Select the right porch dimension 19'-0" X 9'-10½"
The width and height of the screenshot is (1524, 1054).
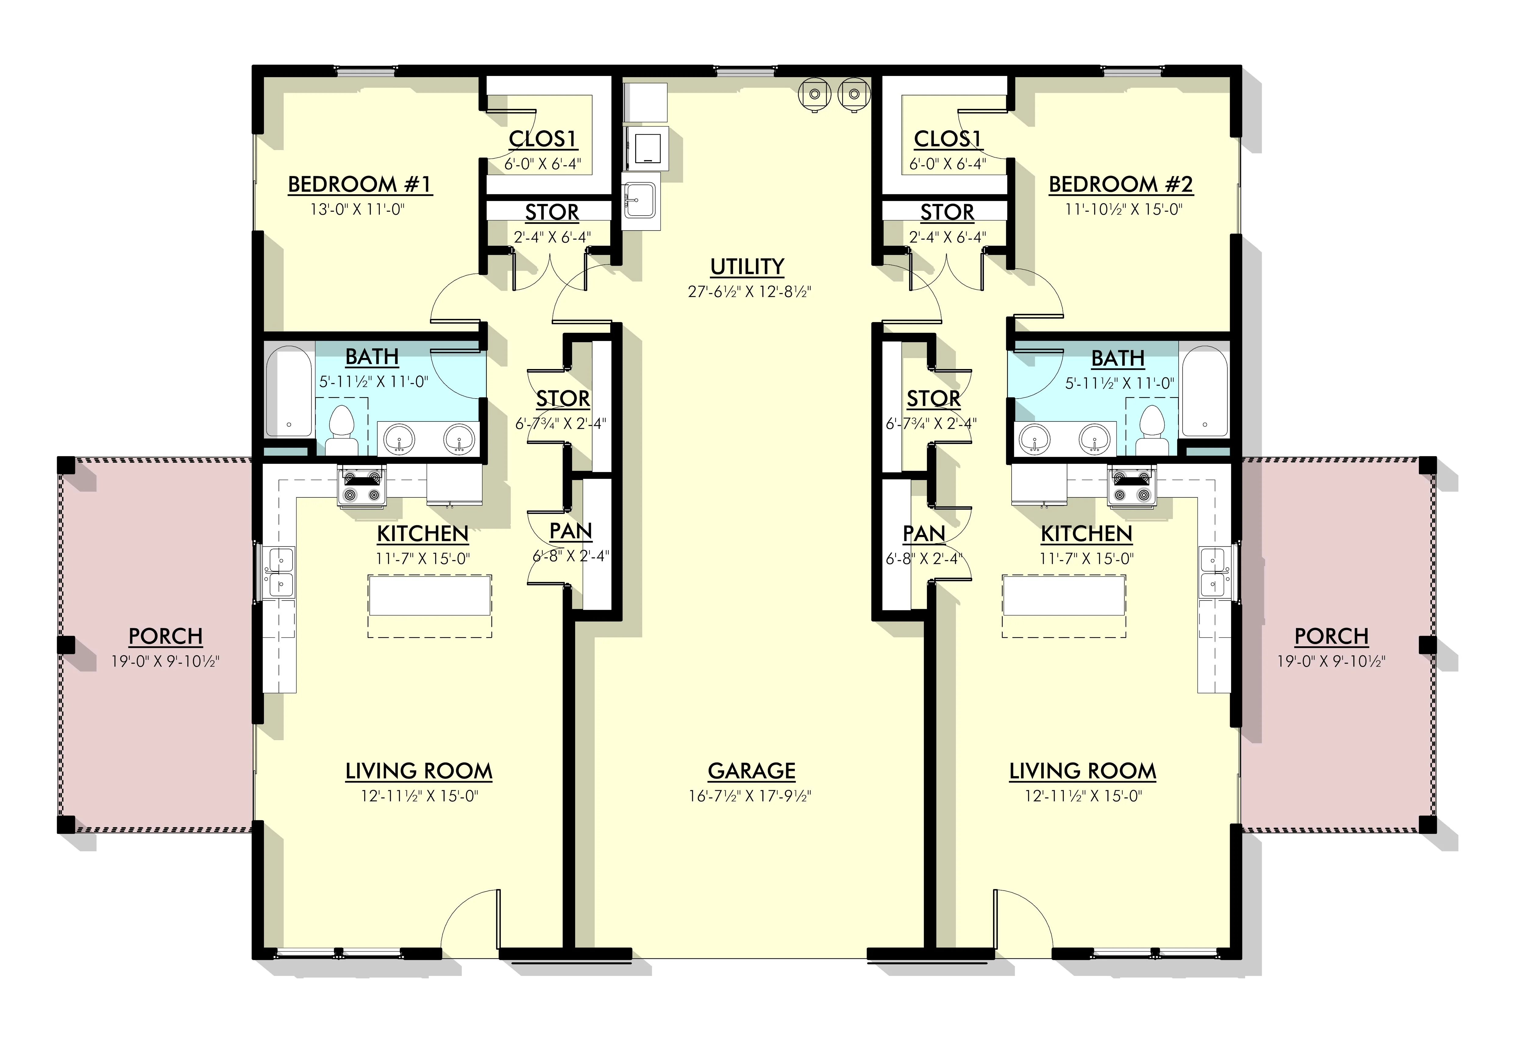(x=1331, y=661)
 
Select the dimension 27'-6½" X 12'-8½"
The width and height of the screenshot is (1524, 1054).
(x=749, y=291)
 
